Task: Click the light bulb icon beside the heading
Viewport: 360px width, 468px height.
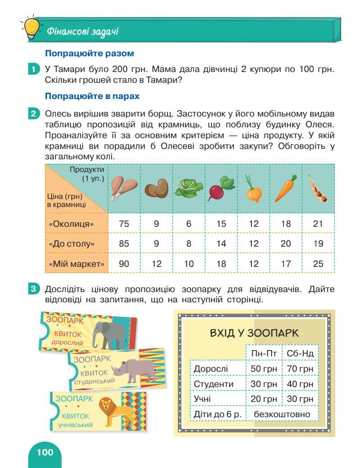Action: coord(29,28)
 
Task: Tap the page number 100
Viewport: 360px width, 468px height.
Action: coord(45,452)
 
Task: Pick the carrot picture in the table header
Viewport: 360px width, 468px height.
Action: coord(285,188)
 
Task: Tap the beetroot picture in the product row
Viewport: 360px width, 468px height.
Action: coord(220,189)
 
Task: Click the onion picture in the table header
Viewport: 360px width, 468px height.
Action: coord(253,189)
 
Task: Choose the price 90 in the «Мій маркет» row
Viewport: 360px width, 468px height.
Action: coord(124,264)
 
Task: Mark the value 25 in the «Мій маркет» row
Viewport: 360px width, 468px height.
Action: coord(318,264)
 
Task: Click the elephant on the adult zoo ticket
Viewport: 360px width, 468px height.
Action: coord(111,332)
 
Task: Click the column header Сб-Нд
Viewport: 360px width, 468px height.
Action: coord(300,353)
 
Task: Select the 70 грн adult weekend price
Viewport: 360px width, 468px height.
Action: coord(300,369)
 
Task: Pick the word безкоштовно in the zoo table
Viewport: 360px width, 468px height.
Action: coord(282,414)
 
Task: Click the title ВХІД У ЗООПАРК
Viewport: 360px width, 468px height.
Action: coord(254,333)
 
